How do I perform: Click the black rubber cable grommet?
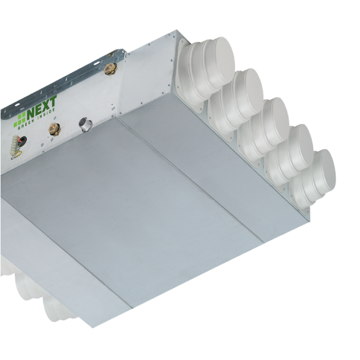click(x=23, y=141)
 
